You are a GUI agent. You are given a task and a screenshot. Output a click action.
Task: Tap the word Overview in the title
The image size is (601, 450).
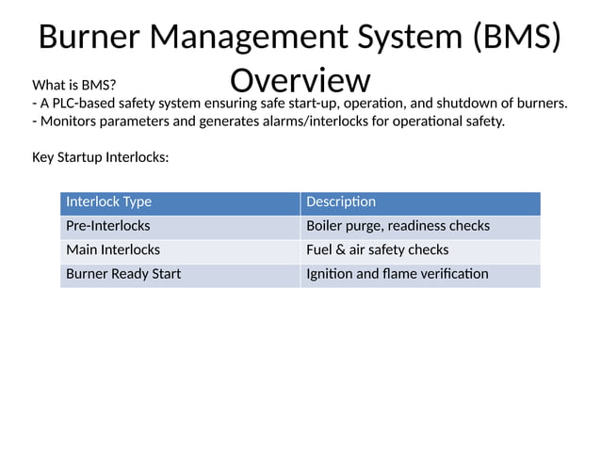click(x=300, y=80)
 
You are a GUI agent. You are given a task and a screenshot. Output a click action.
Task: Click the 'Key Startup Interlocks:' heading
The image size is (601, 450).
click(x=101, y=157)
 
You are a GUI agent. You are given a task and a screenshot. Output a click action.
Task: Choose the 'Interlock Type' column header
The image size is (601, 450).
click(x=108, y=201)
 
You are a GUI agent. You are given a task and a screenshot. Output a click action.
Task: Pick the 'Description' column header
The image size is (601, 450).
click(x=341, y=201)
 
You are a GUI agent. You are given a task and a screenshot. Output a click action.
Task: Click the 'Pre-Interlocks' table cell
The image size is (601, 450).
click(x=107, y=226)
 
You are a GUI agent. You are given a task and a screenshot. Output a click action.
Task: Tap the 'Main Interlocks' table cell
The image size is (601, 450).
click(x=113, y=249)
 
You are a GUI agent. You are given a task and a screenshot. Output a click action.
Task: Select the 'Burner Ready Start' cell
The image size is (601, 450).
click(x=123, y=274)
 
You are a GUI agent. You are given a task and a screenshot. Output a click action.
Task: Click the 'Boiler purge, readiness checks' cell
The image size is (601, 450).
click(x=398, y=226)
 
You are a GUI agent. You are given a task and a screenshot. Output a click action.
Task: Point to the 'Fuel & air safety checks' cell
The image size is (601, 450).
click(x=378, y=249)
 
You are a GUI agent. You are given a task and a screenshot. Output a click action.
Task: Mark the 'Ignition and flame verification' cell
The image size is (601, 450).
click(x=398, y=274)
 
